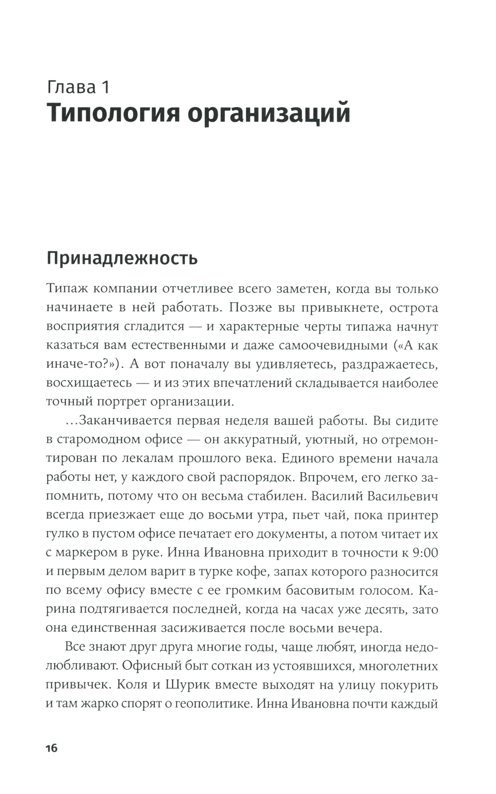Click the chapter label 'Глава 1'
click(x=78, y=87)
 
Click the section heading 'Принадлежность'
click(x=122, y=259)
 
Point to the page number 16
click(x=52, y=748)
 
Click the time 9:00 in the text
click(x=422, y=553)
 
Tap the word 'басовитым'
click(x=309, y=590)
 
